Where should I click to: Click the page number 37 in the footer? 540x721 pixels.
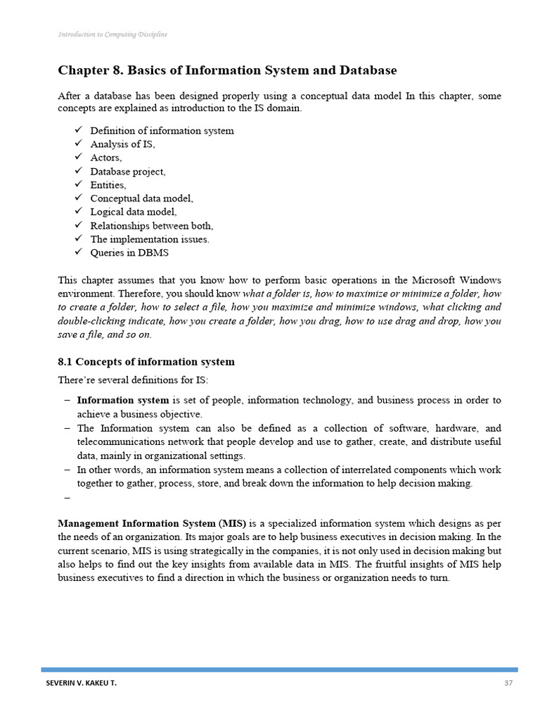pyautogui.click(x=509, y=683)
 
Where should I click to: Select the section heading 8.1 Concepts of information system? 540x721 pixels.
pyautogui.click(x=146, y=362)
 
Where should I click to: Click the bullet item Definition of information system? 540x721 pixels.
pyautogui.click(x=162, y=131)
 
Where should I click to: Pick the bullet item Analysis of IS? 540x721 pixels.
pyautogui.click(x=122, y=144)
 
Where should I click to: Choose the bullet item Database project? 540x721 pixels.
pyautogui.click(x=128, y=171)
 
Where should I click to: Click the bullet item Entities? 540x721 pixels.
pyautogui.click(x=108, y=185)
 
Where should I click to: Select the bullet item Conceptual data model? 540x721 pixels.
pyautogui.click(x=141, y=199)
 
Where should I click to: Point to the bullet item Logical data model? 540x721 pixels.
pyautogui.click(x=134, y=212)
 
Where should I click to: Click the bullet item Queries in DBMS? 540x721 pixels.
pyautogui.click(x=129, y=253)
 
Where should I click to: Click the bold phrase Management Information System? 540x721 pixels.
pyautogui.click(x=136, y=524)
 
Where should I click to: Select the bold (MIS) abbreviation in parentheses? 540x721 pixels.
pyautogui.click(x=232, y=524)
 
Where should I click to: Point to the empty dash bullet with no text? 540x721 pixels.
pyautogui.click(x=67, y=498)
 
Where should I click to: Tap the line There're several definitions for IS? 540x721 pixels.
pyautogui.click(x=133, y=381)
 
